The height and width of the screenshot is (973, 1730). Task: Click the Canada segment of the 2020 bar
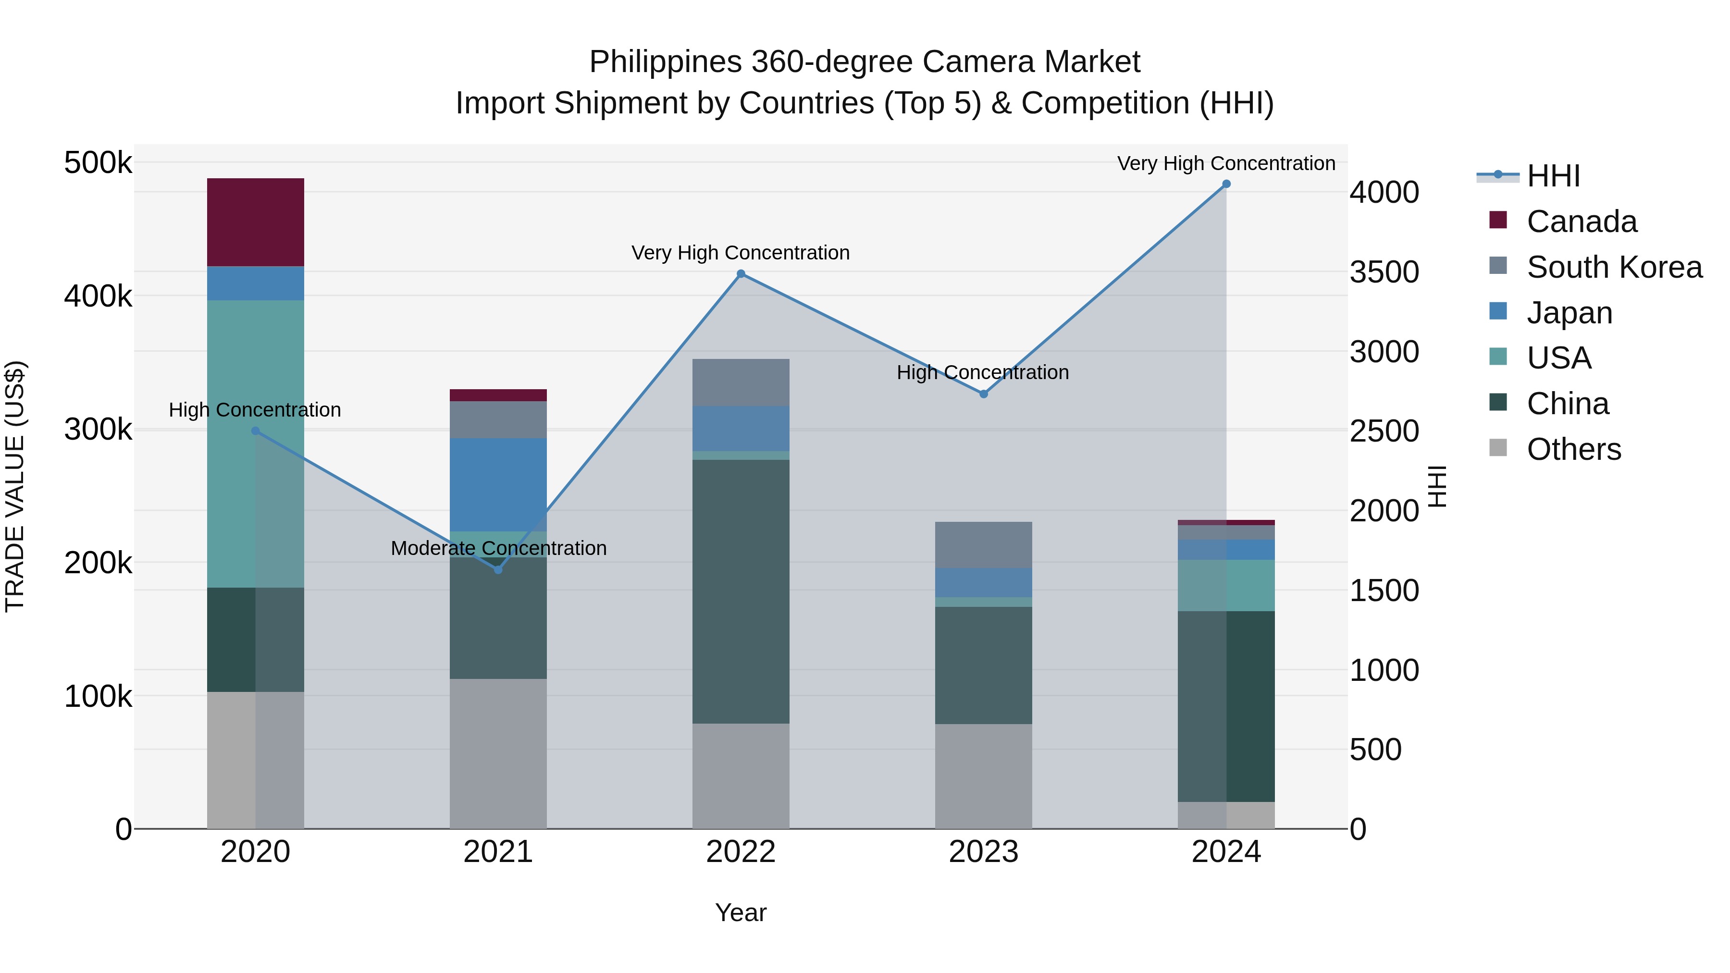point(255,222)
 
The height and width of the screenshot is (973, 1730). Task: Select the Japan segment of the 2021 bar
point(498,484)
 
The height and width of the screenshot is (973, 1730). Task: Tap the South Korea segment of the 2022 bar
point(741,382)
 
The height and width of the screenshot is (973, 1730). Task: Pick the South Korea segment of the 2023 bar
point(983,544)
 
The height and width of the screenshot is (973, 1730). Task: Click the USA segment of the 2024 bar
point(1226,585)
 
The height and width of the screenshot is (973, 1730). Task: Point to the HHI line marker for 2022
point(741,274)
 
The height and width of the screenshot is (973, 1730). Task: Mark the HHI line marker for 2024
point(1226,184)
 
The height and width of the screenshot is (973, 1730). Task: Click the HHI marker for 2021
point(498,569)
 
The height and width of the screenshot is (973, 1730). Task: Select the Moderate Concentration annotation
point(498,549)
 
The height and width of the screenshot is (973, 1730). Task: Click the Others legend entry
point(1573,449)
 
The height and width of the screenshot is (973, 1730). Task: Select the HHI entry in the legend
point(1553,176)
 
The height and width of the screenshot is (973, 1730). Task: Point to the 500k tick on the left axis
point(98,163)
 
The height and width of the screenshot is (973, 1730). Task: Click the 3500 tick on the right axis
point(1384,272)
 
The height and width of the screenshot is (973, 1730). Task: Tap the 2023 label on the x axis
point(983,852)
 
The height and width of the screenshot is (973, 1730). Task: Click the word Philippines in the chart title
point(665,62)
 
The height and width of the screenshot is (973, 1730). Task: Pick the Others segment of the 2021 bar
point(498,753)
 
